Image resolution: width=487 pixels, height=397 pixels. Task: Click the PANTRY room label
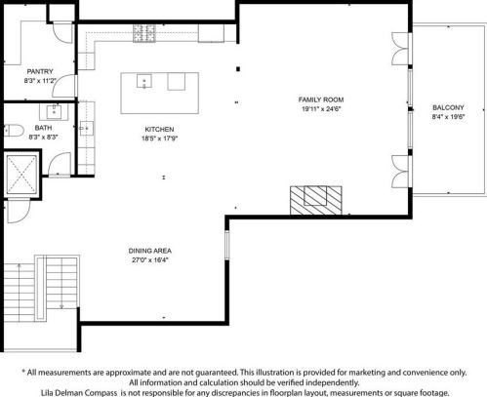pyautogui.click(x=40, y=71)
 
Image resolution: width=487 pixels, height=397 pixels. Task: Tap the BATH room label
pyautogui.click(x=43, y=128)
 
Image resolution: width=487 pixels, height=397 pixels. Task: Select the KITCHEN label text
pyautogui.click(x=159, y=129)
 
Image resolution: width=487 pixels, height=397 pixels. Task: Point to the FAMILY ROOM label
pyautogui.click(x=321, y=99)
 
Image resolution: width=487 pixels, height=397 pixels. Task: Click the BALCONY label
pyautogui.click(x=448, y=107)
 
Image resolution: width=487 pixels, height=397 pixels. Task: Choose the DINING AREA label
pyautogui.click(x=150, y=251)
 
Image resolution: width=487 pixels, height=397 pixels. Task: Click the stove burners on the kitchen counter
pyautogui.click(x=144, y=33)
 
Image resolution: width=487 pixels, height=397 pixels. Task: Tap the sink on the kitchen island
pyautogui.click(x=144, y=81)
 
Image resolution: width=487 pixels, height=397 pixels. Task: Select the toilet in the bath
pyautogui.click(x=14, y=131)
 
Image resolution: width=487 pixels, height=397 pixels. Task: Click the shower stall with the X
pyautogui.click(x=21, y=175)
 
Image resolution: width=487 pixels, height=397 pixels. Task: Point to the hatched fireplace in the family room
pyautogui.click(x=316, y=200)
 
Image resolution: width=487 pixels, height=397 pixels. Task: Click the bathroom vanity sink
pyautogui.click(x=54, y=112)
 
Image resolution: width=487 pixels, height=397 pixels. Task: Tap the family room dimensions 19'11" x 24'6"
pyautogui.click(x=321, y=109)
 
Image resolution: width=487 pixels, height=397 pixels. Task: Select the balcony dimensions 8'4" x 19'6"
pyautogui.click(x=448, y=117)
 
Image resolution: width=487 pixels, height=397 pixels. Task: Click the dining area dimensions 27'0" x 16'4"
pyautogui.click(x=150, y=260)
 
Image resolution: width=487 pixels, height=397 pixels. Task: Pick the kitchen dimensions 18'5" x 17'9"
pyautogui.click(x=159, y=139)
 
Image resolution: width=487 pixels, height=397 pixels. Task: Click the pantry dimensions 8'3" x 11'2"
pyautogui.click(x=40, y=81)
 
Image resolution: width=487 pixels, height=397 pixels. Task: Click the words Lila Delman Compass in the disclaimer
pyautogui.click(x=79, y=393)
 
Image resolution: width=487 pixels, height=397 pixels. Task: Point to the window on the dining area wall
pyautogui.click(x=227, y=245)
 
